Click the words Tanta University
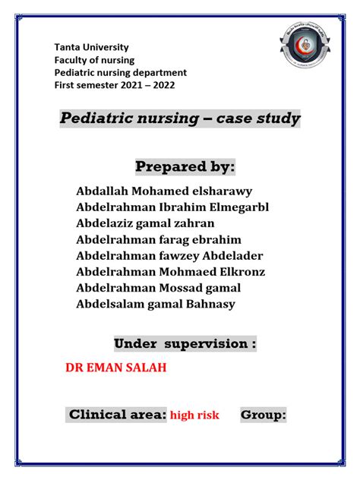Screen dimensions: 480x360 [x=91, y=47]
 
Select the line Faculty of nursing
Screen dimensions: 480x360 [x=93, y=60]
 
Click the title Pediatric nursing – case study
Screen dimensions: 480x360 [x=180, y=119]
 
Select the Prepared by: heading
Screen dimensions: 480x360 [x=185, y=166]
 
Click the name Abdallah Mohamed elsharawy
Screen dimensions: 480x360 [x=164, y=191]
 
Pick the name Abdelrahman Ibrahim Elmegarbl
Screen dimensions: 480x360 [x=172, y=207]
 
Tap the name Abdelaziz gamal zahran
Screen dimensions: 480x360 [x=145, y=223]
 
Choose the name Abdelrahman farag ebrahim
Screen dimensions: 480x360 [x=159, y=239]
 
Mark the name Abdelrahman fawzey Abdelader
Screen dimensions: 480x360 [x=169, y=256]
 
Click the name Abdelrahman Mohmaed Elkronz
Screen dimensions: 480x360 [x=171, y=272]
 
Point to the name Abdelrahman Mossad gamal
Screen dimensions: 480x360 [x=159, y=288]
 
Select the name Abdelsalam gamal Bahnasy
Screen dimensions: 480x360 [x=156, y=305]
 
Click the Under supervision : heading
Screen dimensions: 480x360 [x=185, y=344]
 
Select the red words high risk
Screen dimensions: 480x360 [x=194, y=415]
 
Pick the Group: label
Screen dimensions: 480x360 [x=264, y=415]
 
